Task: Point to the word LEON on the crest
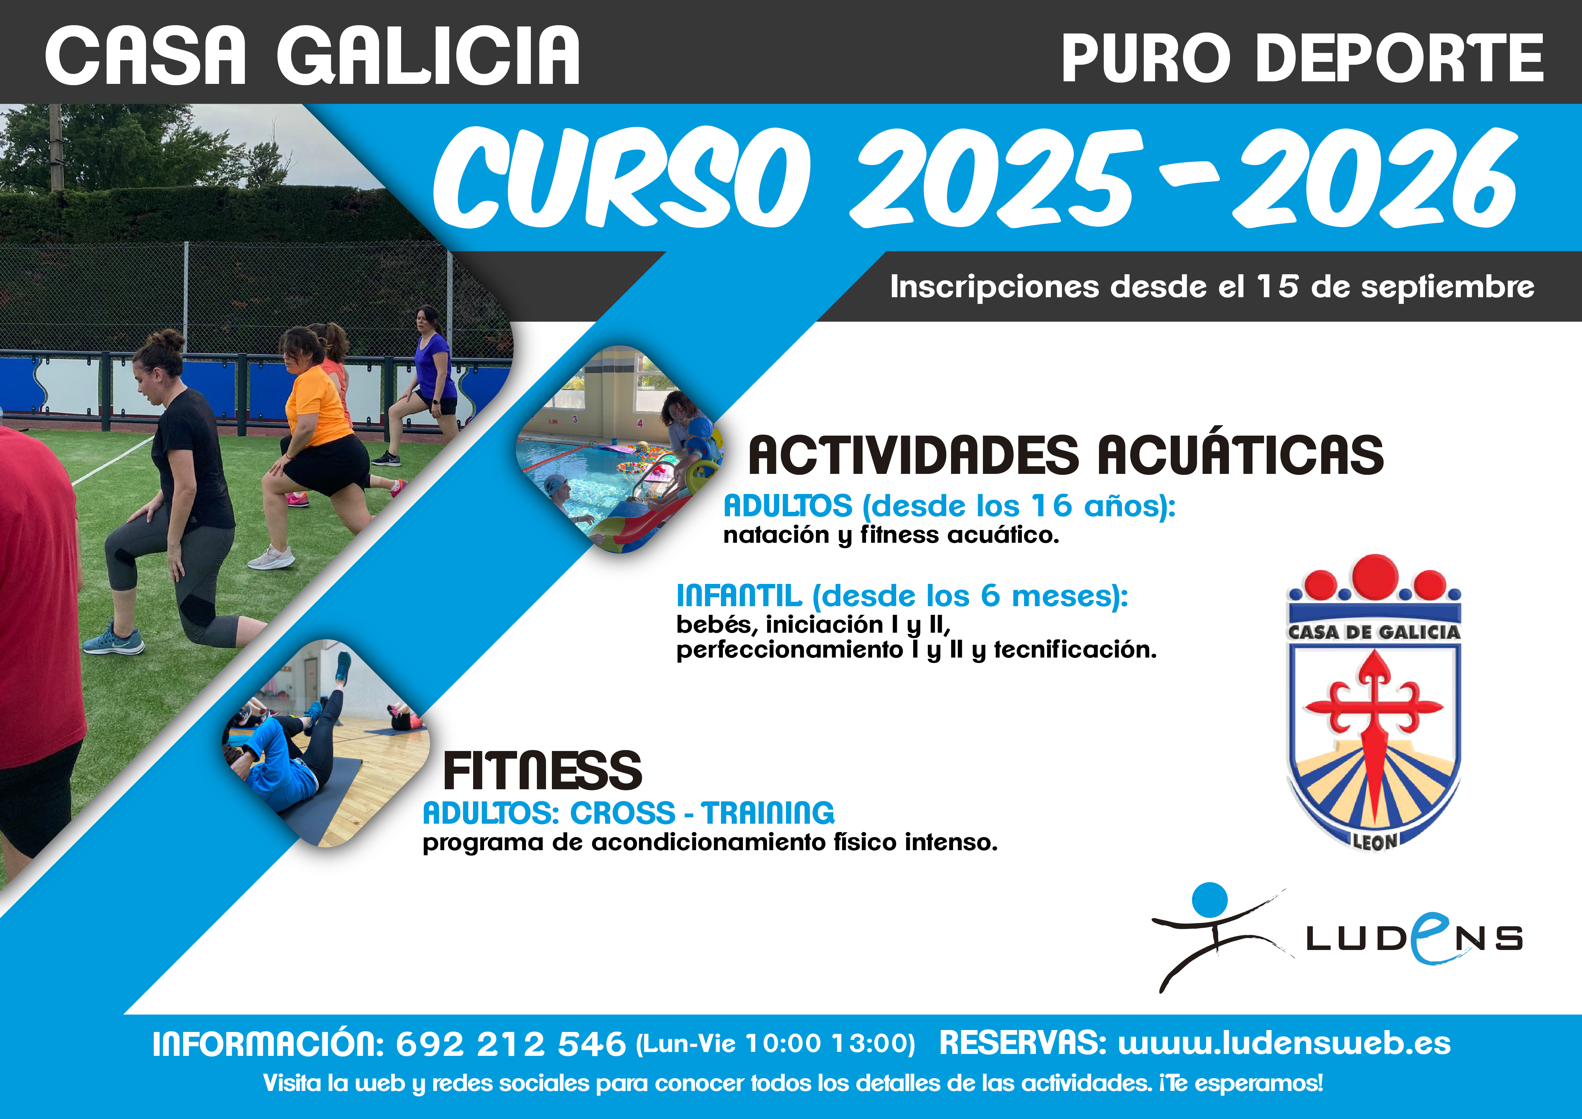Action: click(x=1374, y=841)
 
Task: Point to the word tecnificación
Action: click(x=1075, y=649)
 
